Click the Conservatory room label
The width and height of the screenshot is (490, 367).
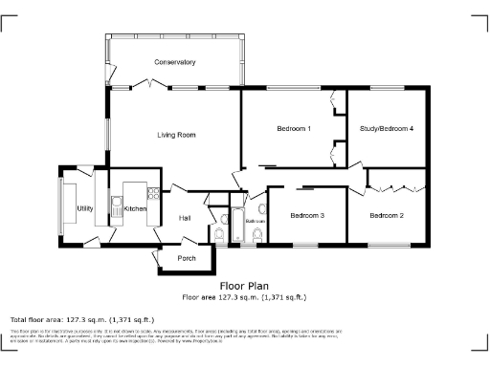click(x=175, y=62)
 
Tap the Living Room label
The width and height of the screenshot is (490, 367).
click(x=176, y=135)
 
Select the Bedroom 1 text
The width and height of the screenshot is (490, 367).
click(x=294, y=128)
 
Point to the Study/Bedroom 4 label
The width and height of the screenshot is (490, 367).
click(x=387, y=128)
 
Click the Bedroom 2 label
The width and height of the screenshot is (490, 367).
click(x=387, y=215)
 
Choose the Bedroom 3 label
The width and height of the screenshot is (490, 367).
click(x=307, y=215)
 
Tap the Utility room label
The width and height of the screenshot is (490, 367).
click(x=85, y=207)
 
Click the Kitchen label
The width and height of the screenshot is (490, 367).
click(x=134, y=207)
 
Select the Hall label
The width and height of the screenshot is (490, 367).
click(x=186, y=218)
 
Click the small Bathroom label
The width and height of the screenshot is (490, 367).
click(x=255, y=221)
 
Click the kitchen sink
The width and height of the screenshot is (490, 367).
click(x=118, y=205)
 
